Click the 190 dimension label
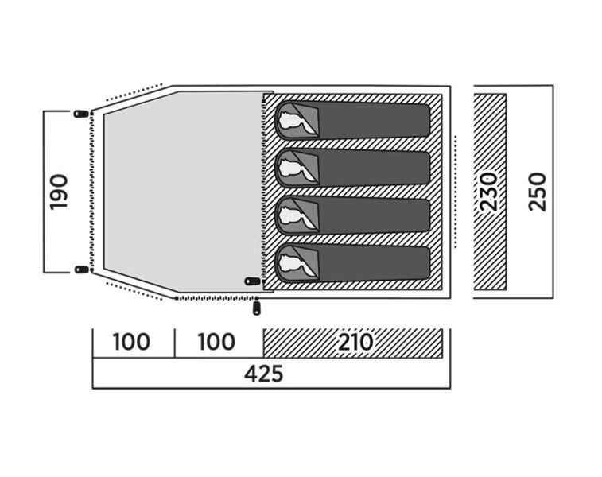(x=59, y=192)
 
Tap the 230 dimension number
(x=489, y=192)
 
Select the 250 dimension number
(x=537, y=192)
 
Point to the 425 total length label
(x=264, y=374)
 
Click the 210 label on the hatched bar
(x=355, y=342)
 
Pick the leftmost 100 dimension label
(x=131, y=342)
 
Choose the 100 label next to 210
(x=216, y=342)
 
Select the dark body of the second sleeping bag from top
(x=374, y=169)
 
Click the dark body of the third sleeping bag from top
(x=374, y=216)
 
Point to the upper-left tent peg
(x=81, y=114)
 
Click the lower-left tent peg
(x=82, y=270)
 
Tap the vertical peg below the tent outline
(x=256, y=308)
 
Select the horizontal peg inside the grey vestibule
(x=252, y=281)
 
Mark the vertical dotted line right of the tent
(x=456, y=192)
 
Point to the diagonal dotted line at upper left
(x=134, y=92)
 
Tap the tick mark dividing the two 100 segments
(x=175, y=343)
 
